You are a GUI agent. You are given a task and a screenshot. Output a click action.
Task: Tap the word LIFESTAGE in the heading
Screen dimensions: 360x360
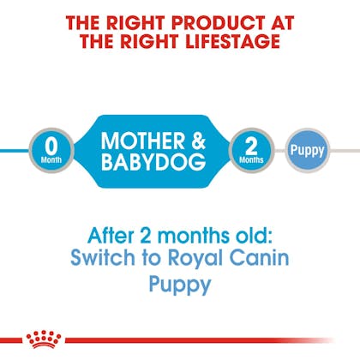232,41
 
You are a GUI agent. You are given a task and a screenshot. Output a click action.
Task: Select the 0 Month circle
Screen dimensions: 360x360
51,150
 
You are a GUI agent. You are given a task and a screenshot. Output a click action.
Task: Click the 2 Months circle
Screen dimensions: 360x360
251,150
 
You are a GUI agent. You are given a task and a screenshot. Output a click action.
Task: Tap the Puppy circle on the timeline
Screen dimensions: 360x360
308,151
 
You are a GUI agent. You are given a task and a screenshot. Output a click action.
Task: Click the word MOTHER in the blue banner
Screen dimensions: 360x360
143,141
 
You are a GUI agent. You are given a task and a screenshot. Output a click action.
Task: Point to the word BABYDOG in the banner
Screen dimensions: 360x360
153,162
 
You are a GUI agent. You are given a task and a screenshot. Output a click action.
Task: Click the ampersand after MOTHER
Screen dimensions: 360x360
198,141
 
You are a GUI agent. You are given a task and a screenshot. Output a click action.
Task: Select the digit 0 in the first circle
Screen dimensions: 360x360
51,146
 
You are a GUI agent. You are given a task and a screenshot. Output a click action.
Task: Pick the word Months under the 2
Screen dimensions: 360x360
251,159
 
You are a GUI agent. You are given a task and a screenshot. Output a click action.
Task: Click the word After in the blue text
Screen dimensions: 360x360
111,236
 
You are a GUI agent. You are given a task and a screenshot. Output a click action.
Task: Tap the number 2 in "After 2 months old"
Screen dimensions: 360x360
146,236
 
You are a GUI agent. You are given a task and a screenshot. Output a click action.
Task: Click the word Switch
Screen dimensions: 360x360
103,257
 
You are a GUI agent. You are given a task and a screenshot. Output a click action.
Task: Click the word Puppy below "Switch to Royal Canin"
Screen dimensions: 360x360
180,285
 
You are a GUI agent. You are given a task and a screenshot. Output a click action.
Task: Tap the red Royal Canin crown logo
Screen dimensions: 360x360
44,339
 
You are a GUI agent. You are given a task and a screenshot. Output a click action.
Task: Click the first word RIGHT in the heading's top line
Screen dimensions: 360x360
140,22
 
